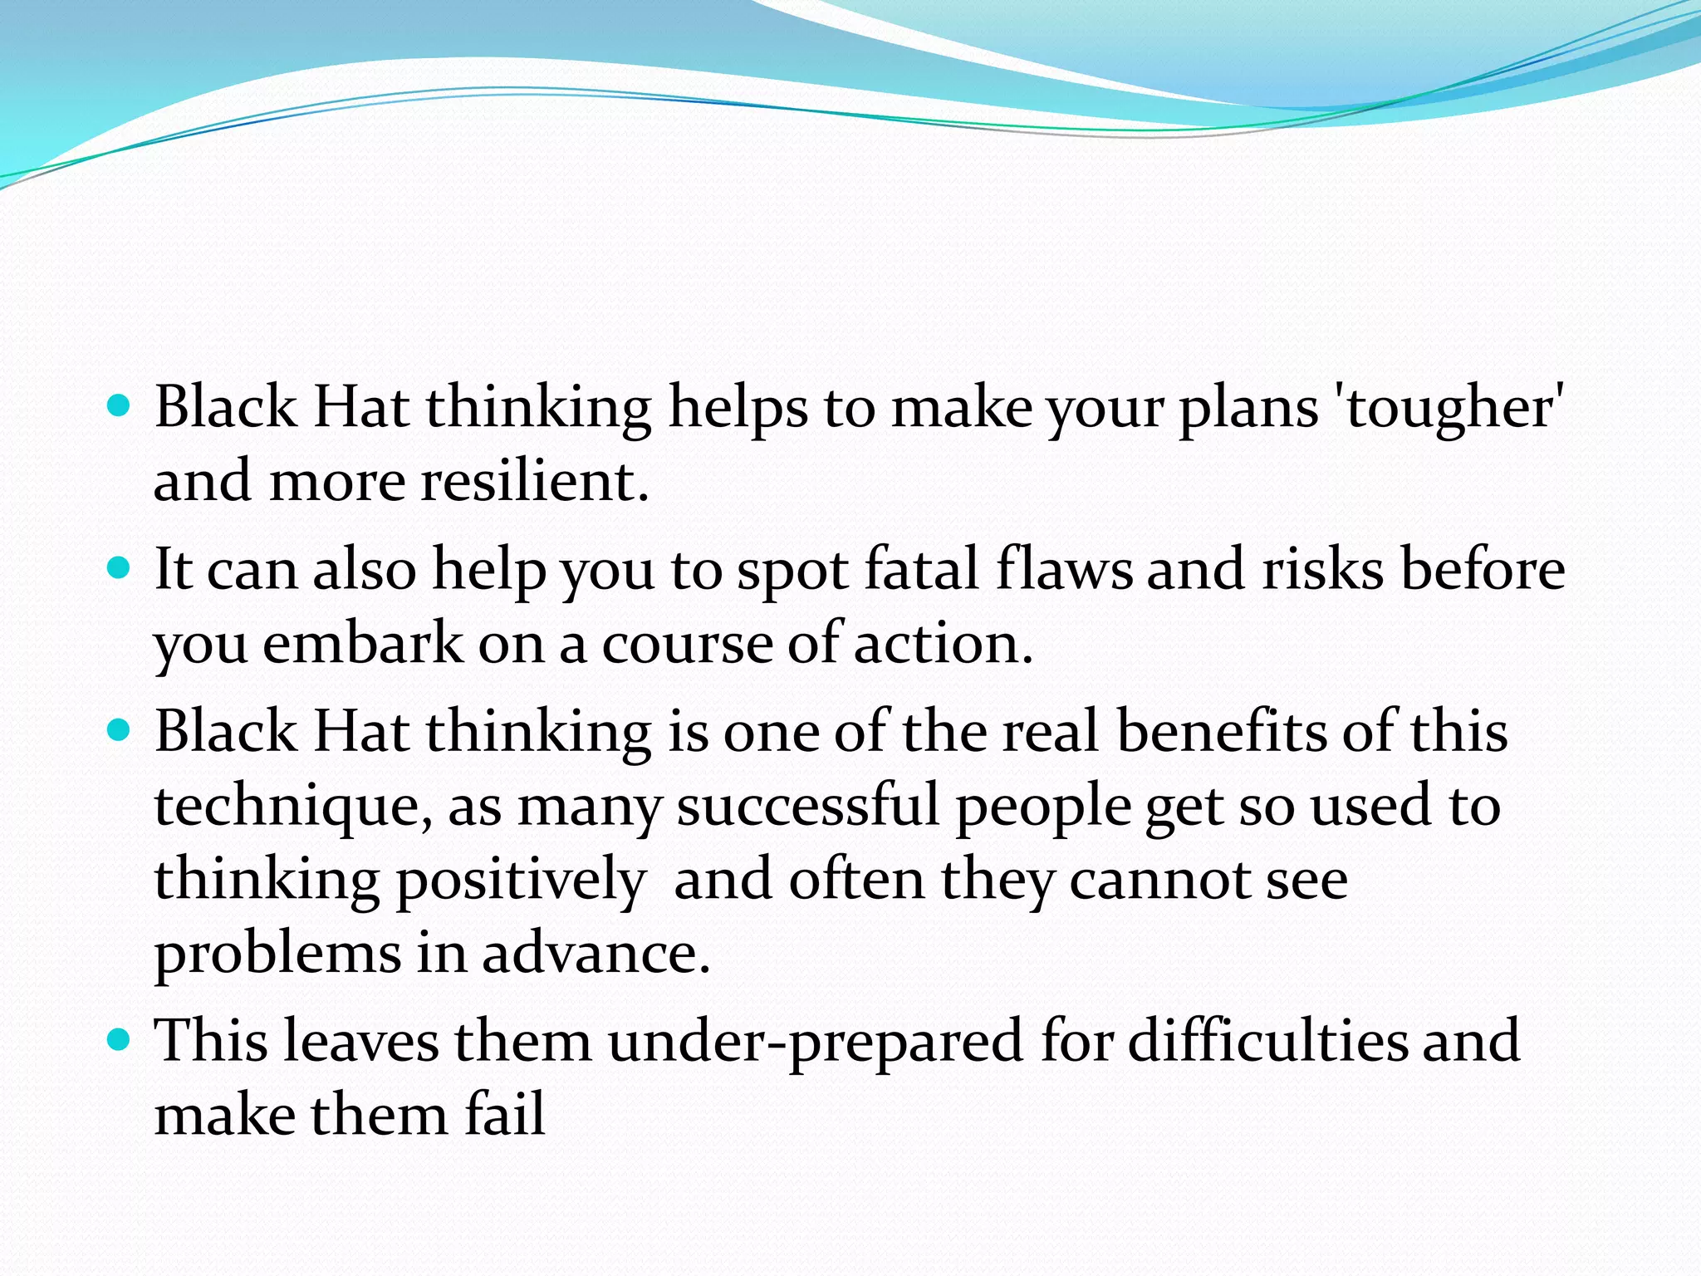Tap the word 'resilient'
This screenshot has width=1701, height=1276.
(533, 482)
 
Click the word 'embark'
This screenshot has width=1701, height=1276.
(363, 644)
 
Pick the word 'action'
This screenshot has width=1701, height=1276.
(943, 644)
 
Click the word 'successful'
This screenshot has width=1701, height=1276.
(808, 806)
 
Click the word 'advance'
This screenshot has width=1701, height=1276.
(596, 954)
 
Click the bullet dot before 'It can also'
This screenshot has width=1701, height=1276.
(120, 568)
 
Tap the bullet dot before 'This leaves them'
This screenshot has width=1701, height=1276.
(120, 1039)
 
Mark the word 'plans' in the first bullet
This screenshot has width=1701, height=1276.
(1248, 409)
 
